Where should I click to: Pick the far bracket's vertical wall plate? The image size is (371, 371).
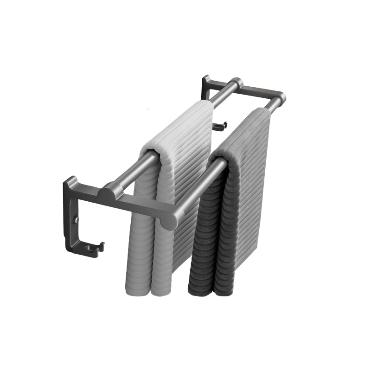(205, 87)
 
